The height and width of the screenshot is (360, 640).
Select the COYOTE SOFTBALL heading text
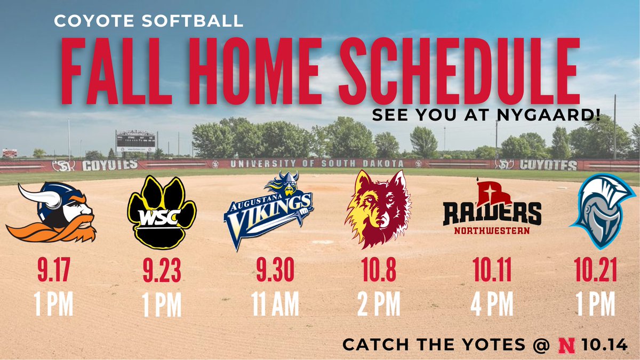pos(149,22)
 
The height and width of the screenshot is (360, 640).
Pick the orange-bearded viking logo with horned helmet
pos(52,212)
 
